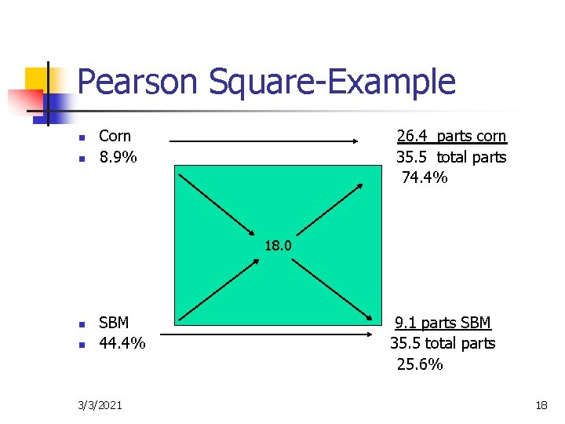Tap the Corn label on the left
tap(115, 136)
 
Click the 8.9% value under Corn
tap(118, 157)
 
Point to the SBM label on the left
tap(114, 323)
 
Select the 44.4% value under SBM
tap(122, 343)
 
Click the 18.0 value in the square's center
tap(278, 245)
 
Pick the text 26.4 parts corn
tap(451, 137)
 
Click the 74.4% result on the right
tap(425, 177)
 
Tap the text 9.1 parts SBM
tap(443, 323)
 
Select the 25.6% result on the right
tap(420, 364)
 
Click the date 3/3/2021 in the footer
tap(100, 405)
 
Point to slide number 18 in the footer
tap(541, 405)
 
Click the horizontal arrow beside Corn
tap(264, 141)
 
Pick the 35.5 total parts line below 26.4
tap(451, 157)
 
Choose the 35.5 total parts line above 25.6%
tap(443, 343)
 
